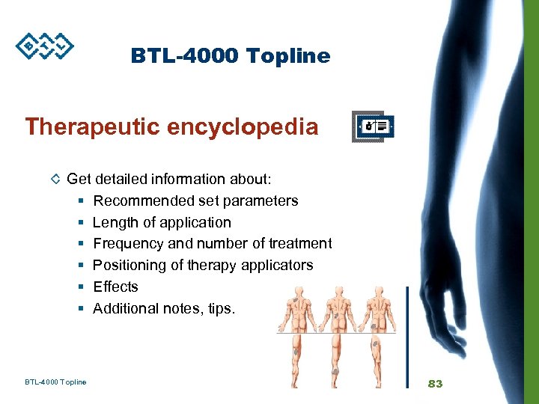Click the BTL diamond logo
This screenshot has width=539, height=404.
coord(45,46)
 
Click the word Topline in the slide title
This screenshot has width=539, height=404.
coord(291,56)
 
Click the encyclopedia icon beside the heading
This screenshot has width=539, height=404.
coord(374,126)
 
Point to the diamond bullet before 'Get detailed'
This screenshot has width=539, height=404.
coord(55,180)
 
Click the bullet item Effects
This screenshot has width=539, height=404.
coord(115,287)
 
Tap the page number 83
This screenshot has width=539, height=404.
coord(435,383)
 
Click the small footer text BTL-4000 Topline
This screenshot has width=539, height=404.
coord(55,382)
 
